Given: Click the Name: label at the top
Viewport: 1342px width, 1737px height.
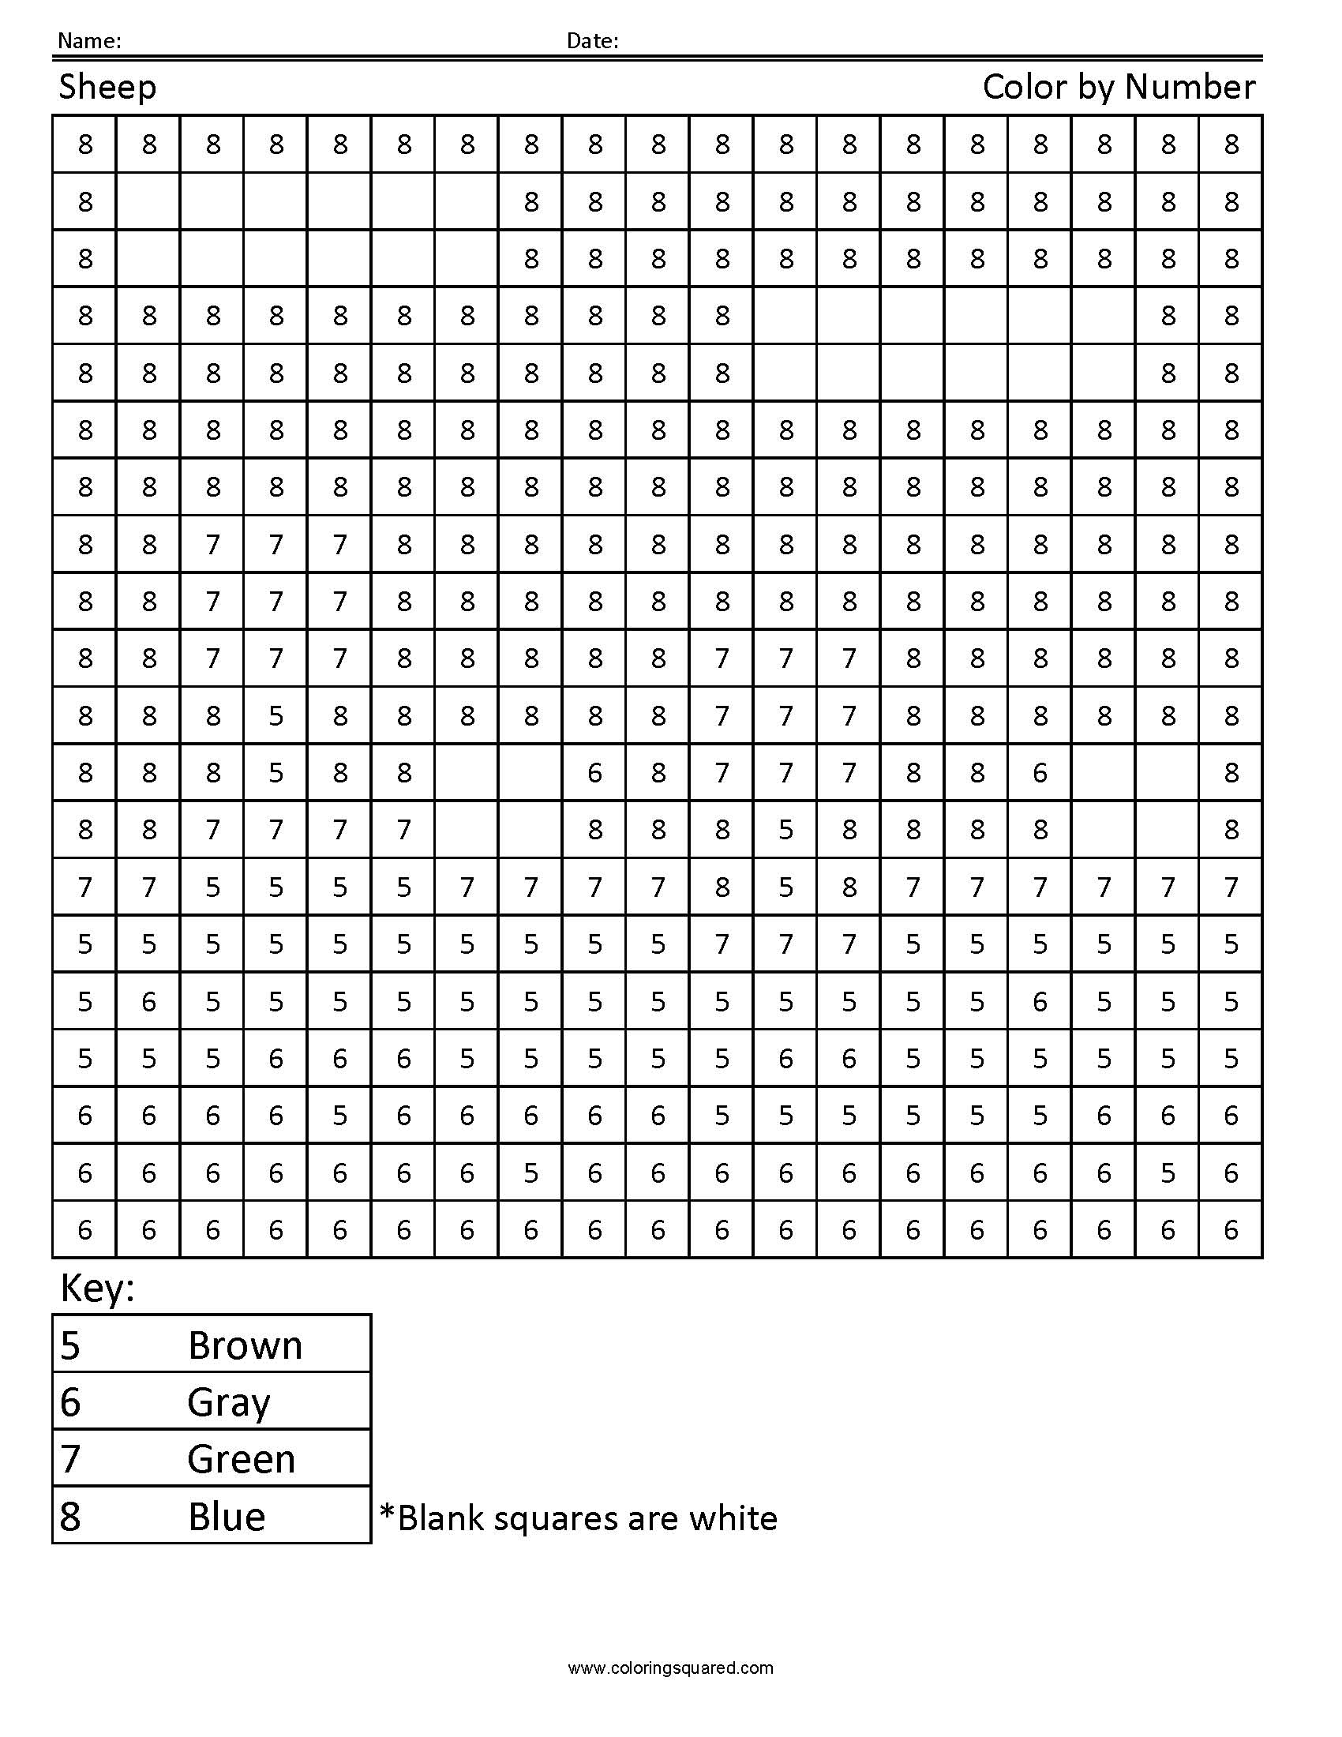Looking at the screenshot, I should [x=89, y=41].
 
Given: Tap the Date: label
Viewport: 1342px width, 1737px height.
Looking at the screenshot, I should [x=591, y=41].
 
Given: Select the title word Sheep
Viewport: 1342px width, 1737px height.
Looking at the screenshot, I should [x=107, y=88].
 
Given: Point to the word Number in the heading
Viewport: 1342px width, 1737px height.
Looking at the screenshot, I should [x=1190, y=87].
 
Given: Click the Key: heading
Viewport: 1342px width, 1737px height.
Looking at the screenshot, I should [x=97, y=1287].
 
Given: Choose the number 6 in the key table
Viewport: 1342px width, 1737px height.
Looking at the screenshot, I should [x=71, y=1403].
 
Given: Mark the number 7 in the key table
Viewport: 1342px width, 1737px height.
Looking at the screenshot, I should [x=71, y=1459].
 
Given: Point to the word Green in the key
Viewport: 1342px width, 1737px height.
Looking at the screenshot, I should [x=242, y=1459].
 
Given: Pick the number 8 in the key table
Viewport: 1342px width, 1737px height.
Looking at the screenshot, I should [x=71, y=1517].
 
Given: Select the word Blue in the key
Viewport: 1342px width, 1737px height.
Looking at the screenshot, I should [x=227, y=1517].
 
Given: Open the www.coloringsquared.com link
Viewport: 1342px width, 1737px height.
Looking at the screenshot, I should [x=670, y=1668].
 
